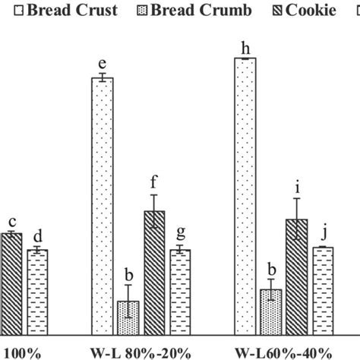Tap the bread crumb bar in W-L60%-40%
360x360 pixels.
click(x=271, y=311)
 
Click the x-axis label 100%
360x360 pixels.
click(x=16, y=352)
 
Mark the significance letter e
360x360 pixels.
click(x=102, y=66)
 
